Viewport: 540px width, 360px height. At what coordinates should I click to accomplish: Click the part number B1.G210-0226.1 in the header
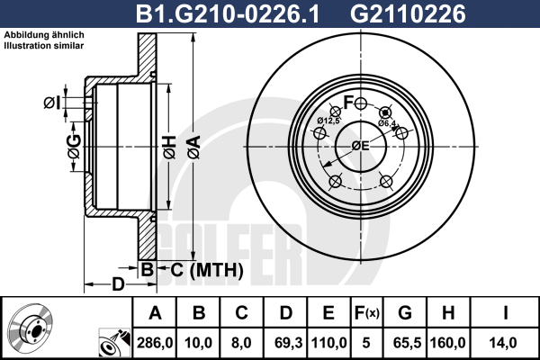tap(228, 14)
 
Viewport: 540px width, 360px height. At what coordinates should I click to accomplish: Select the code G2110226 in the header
tap(408, 14)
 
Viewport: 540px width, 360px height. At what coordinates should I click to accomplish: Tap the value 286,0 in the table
tap(155, 343)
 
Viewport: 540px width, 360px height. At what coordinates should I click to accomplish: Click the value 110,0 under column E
tap(328, 343)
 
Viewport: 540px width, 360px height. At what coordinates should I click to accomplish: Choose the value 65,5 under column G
tap(407, 343)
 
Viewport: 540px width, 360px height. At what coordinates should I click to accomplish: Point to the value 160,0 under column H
tap(447, 343)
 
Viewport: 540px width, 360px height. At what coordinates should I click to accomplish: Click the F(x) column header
tap(366, 313)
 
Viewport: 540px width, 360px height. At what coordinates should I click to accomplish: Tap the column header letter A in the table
tap(156, 313)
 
